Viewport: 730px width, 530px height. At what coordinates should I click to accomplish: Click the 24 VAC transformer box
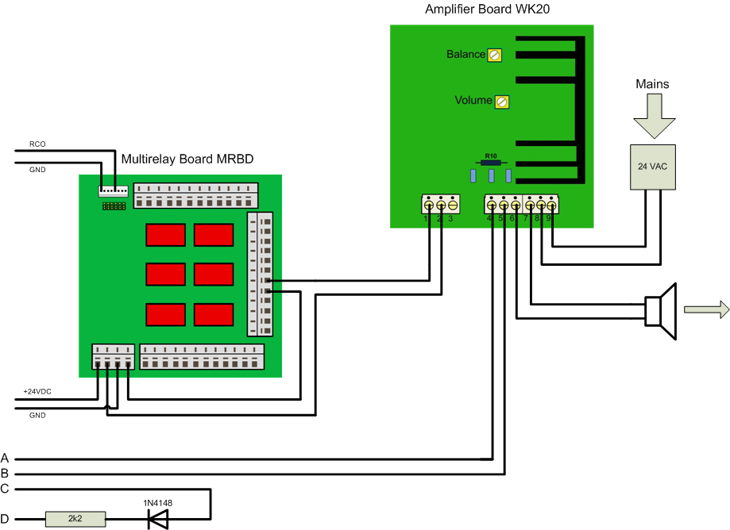(x=653, y=167)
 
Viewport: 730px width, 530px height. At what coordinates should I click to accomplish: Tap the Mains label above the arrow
(x=652, y=83)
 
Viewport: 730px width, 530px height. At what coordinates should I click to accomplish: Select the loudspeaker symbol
(x=661, y=311)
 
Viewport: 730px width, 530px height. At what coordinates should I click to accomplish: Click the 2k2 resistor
(x=75, y=520)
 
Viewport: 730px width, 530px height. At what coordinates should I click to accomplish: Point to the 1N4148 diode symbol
(x=157, y=520)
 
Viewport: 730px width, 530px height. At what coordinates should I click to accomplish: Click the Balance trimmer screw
(x=494, y=55)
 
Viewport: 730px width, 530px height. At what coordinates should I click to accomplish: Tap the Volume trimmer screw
(x=501, y=102)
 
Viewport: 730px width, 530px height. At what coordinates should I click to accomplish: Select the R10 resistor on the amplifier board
(x=491, y=163)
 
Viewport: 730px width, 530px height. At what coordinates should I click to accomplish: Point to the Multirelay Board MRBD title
(x=187, y=159)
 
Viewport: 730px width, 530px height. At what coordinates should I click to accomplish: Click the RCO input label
(x=37, y=144)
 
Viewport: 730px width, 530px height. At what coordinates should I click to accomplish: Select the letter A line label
(x=5, y=459)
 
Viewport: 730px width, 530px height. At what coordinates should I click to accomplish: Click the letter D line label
(x=5, y=520)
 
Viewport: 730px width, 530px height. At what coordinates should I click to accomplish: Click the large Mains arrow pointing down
(x=653, y=115)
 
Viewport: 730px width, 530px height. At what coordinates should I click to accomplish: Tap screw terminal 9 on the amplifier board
(x=551, y=204)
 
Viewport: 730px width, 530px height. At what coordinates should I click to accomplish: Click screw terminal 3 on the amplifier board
(x=452, y=204)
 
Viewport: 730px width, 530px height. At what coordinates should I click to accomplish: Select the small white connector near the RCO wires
(x=113, y=191)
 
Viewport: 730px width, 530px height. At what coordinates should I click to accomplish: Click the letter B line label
(x=5, y=474)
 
